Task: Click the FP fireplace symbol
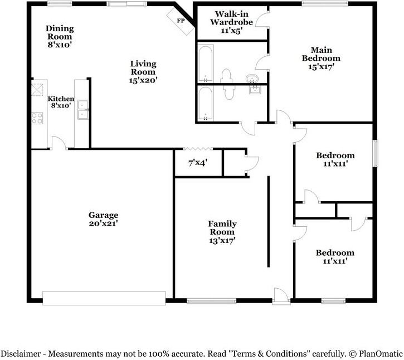(181, 21)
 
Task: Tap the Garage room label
(103, 215)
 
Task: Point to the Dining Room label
(60, 33)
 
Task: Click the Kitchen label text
(60, 99)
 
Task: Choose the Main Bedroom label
(321, 53)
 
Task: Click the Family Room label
(222, 227)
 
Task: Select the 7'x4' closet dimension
(198, 163)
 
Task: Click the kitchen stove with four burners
(38, 118)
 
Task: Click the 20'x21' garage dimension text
(103, 223)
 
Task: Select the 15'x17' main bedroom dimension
(321, 66)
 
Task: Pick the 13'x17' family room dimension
(222, 241)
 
